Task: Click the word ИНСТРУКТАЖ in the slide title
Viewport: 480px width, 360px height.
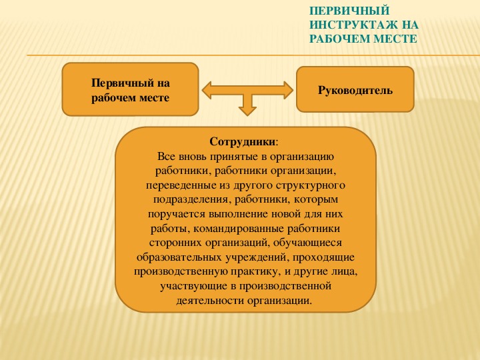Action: pyautogui.click(x=353, y=25)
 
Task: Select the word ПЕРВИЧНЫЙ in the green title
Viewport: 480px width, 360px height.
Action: pyautogui.click(x=349, y=11)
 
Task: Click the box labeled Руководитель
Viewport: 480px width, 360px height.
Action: pyautogui.click(x=355, y=89)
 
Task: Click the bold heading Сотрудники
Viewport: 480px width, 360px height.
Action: pyautogui.click(x=243, y=142)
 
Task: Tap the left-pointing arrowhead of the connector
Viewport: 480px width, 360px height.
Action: pyautogui.click(x=207, y=90)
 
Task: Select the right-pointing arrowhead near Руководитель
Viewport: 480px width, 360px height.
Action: pyautogui.click(x=289, y=90)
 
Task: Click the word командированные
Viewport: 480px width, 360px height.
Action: pyautogui.click(x=239, y=229)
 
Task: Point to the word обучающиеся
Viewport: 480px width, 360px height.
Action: pyautogui.click(x=307, y=243)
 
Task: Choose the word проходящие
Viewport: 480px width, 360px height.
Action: pyautogui.click(x=324, y=257)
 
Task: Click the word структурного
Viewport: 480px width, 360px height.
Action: pyautogui.click(x=311, y=185)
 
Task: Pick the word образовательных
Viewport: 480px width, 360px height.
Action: pyautogui.click(x=179, y=257)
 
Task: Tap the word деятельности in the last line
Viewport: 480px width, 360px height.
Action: pyautogui.click(x=210, y=300)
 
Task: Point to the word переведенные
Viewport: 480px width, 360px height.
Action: pyautogui.click(x=181, y=185)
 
